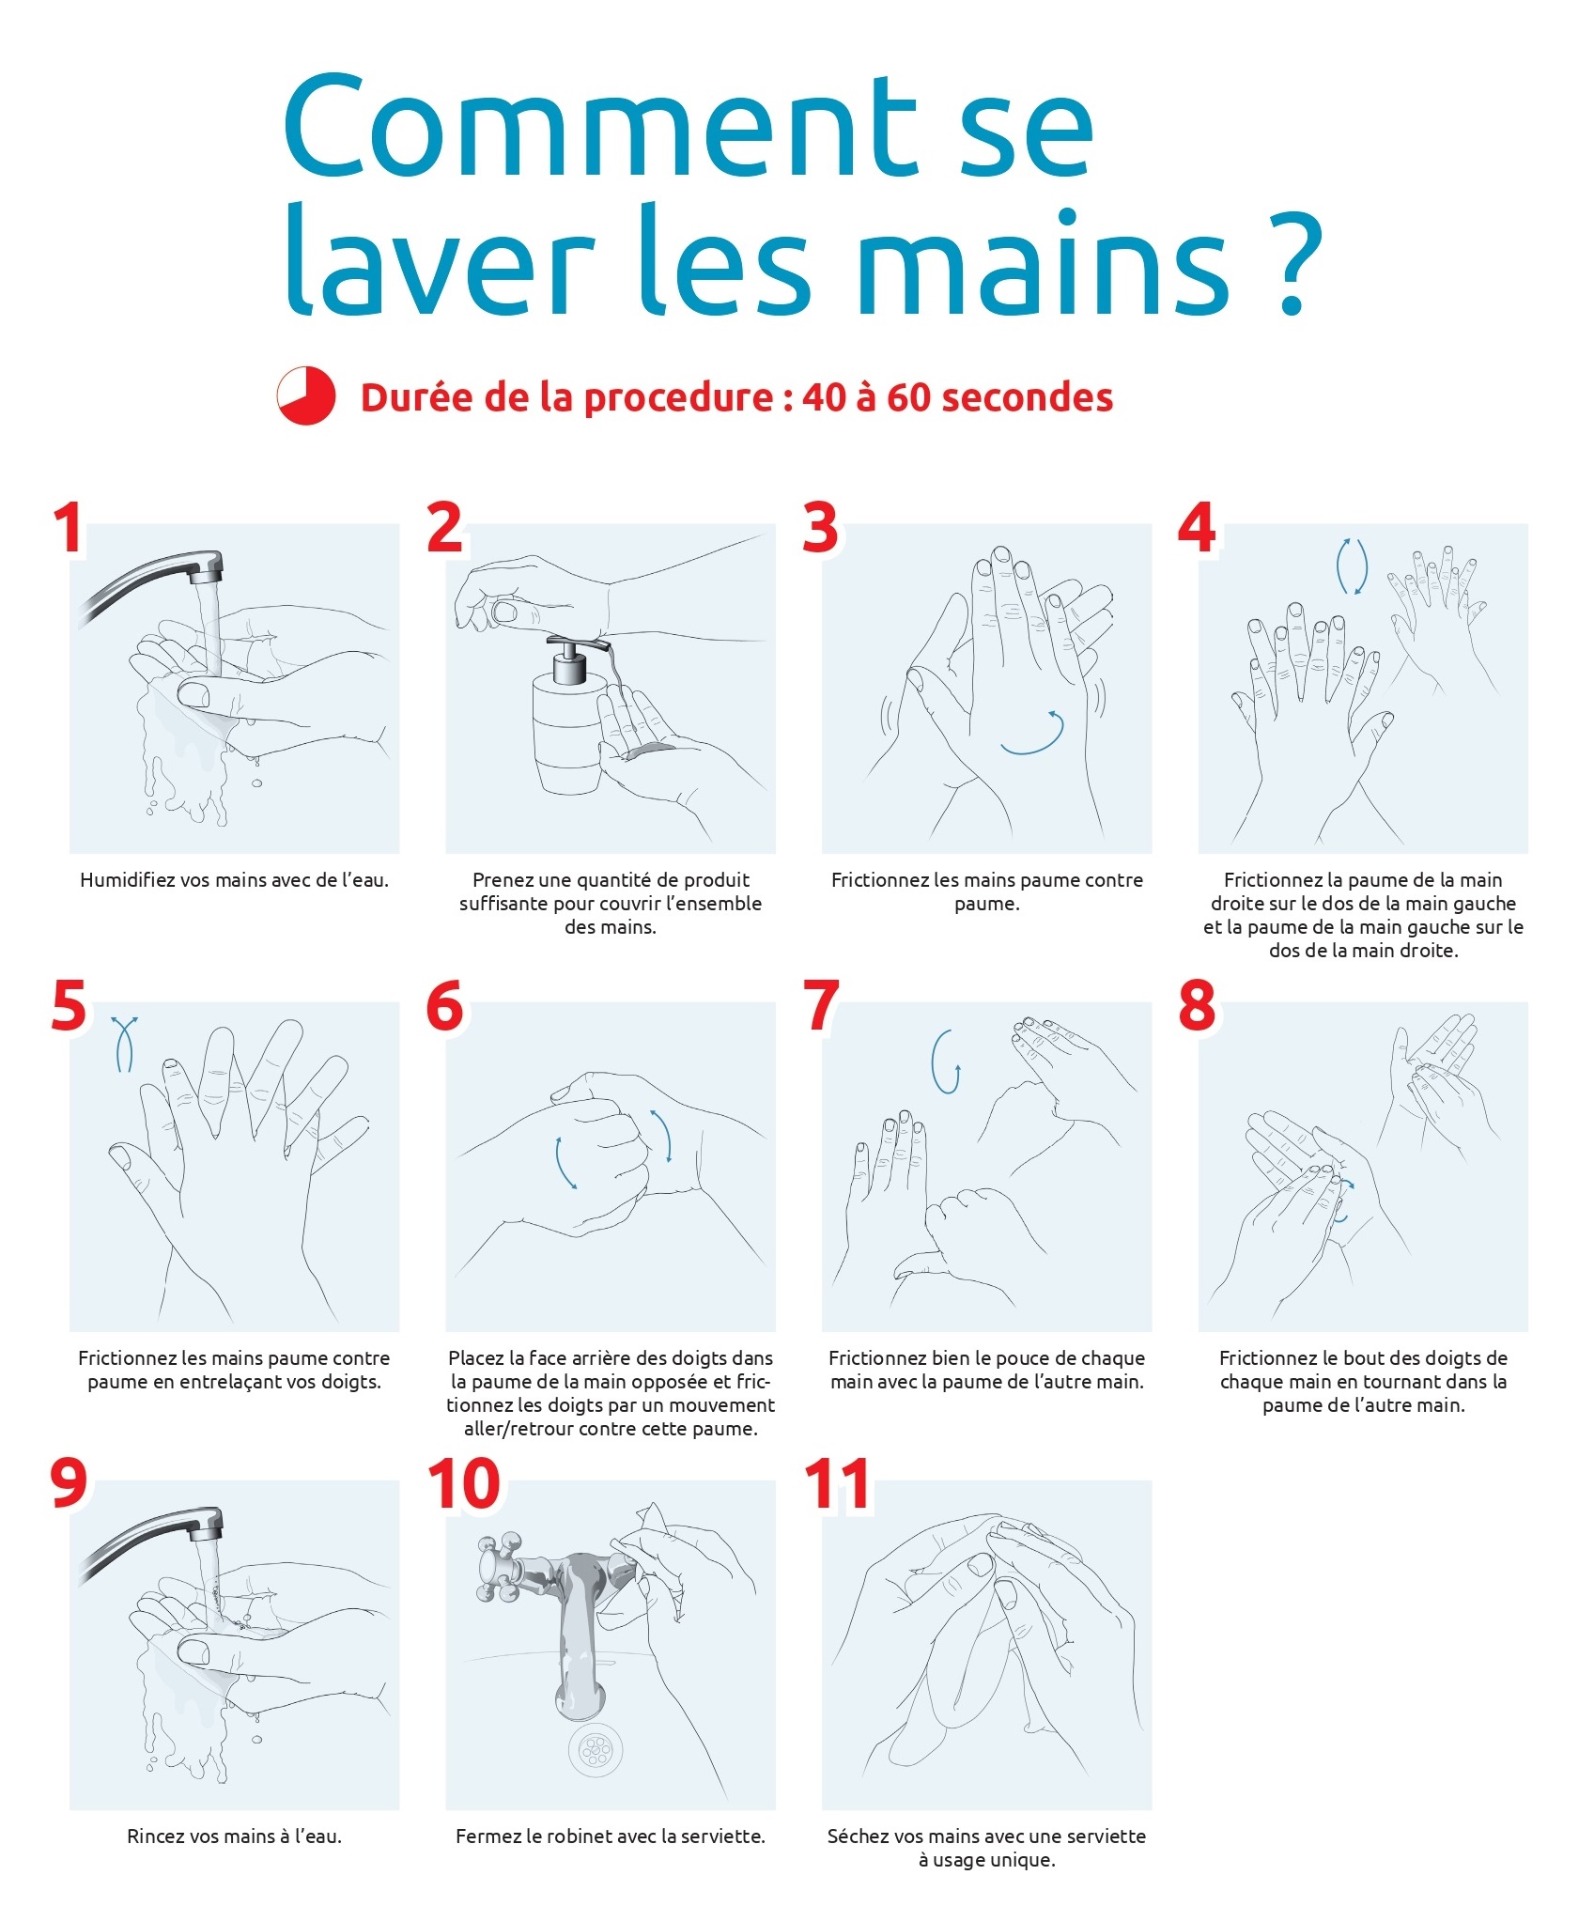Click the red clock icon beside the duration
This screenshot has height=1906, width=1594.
(305, 395)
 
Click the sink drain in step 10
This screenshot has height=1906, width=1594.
(595, 1749)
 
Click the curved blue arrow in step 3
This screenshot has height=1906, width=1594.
(1034, 733)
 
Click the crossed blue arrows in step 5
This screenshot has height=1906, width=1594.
(124, 1044)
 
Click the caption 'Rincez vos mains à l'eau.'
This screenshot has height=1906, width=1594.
(235, 1836)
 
